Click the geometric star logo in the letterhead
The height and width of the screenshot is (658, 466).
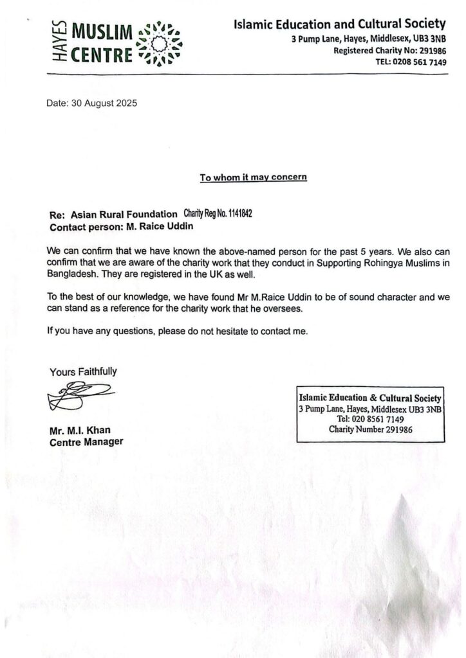[160, 43]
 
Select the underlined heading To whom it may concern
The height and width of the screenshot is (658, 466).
[253, 177]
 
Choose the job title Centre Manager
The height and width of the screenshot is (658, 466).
[86, 441]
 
